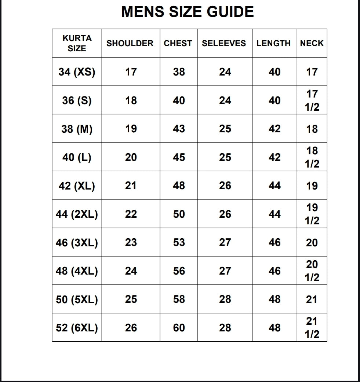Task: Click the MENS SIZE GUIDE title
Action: [187, 12]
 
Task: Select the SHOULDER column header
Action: [130, 43]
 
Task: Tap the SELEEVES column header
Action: [224, 43]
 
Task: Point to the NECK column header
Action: [312, 43]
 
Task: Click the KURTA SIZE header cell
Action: [77, 43]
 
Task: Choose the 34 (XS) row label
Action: [77, 72]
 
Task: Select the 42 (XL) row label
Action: [77, 186]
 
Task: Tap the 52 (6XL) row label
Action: [77, 328]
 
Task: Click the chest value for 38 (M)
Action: [179, 129]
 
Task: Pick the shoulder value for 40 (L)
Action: [131, 157]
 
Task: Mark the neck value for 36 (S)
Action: [312, 100]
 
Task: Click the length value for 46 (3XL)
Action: [274, 242]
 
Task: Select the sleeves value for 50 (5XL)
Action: [225, 299]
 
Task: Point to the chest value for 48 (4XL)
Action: [179, 271]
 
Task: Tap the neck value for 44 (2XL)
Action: [312, 214]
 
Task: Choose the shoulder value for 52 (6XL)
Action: [131, 328]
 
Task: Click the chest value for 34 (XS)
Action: [179, 72]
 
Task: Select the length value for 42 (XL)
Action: [274, 186]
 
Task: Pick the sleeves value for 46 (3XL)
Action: [225, 242]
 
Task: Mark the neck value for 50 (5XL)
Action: [312, 299]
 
